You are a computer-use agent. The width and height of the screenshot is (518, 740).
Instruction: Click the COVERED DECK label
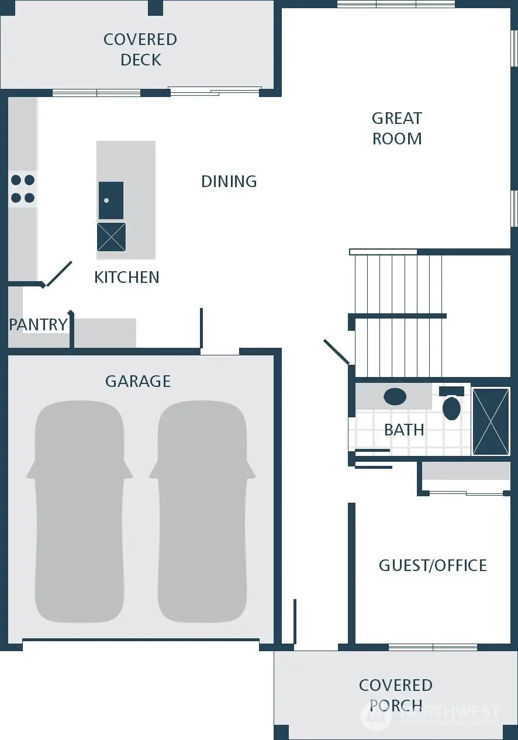(140, 50)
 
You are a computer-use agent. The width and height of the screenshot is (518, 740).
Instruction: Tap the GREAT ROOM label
(397, 129)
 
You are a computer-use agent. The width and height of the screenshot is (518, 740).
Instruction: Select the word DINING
(229, 181)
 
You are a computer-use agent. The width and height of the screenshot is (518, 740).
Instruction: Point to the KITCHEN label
(126, 277)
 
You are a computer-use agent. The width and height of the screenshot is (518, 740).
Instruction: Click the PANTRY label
(38, 324)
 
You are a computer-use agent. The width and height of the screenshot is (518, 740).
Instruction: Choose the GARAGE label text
(138, 381)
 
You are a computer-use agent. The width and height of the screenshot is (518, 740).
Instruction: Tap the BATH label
(404, 430)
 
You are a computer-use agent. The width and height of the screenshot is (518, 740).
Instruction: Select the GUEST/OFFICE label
(433, 565)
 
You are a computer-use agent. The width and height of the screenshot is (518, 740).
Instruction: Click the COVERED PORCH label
(396, 695)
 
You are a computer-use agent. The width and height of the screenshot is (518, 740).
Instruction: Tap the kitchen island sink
(111, 200)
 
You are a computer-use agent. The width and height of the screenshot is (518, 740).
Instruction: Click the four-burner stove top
(23, 189)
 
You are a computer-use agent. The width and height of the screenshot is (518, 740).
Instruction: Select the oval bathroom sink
(395, 397)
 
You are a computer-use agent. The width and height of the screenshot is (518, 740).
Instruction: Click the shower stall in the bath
(491, 421)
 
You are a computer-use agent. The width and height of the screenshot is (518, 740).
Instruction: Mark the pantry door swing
(59, 274)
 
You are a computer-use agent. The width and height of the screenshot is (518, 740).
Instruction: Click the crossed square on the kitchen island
(111, 237)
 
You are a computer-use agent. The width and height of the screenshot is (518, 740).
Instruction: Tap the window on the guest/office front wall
(433, 647)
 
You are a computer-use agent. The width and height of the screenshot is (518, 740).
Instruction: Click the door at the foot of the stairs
(337, 352)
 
